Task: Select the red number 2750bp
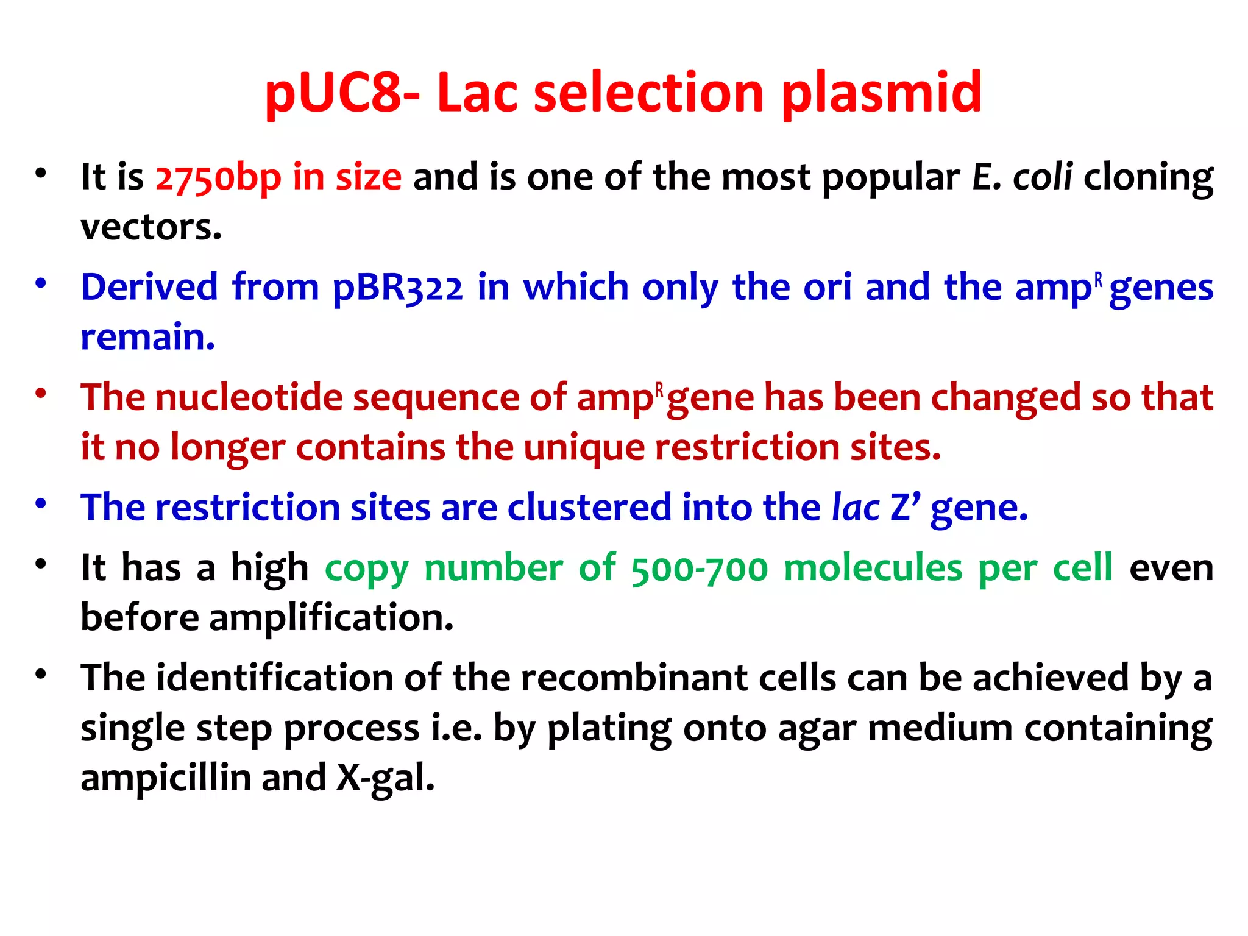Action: [218, 177]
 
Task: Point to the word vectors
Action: [151, 227]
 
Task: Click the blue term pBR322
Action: [397, 288]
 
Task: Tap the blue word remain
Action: [147, 338]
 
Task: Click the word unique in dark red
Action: [583, 448]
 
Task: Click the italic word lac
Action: [856, 508]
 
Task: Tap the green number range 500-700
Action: [700, 569]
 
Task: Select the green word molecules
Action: [873, 569]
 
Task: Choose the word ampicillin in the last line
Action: [166, 778]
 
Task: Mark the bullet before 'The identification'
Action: [41, 675]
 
